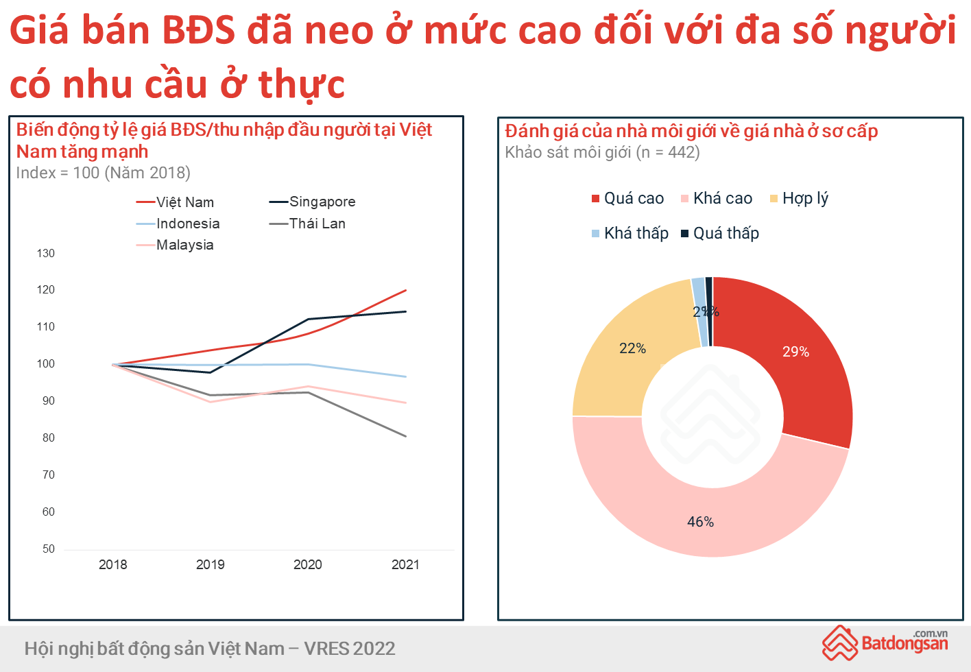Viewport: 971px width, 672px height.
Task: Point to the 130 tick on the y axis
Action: [46, 253]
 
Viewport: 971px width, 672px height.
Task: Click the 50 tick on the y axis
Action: [48, 549]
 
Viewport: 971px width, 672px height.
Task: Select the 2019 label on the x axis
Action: [210, 564]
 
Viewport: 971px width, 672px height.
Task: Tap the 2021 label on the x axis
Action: [405, 564]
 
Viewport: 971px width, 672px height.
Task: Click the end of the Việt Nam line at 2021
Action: [406, 290]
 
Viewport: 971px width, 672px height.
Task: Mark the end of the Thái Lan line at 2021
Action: [406, 436]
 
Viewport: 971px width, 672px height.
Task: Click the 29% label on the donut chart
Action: [795, 352]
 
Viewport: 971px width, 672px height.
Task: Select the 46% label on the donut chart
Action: [700, 522]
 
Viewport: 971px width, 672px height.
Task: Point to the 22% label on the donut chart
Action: [632, 348]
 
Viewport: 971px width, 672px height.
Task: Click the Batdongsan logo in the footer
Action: [885, 643]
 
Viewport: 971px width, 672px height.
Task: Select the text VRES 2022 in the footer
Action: [350, 649]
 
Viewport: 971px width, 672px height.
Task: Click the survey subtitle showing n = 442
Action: [602, 152]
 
